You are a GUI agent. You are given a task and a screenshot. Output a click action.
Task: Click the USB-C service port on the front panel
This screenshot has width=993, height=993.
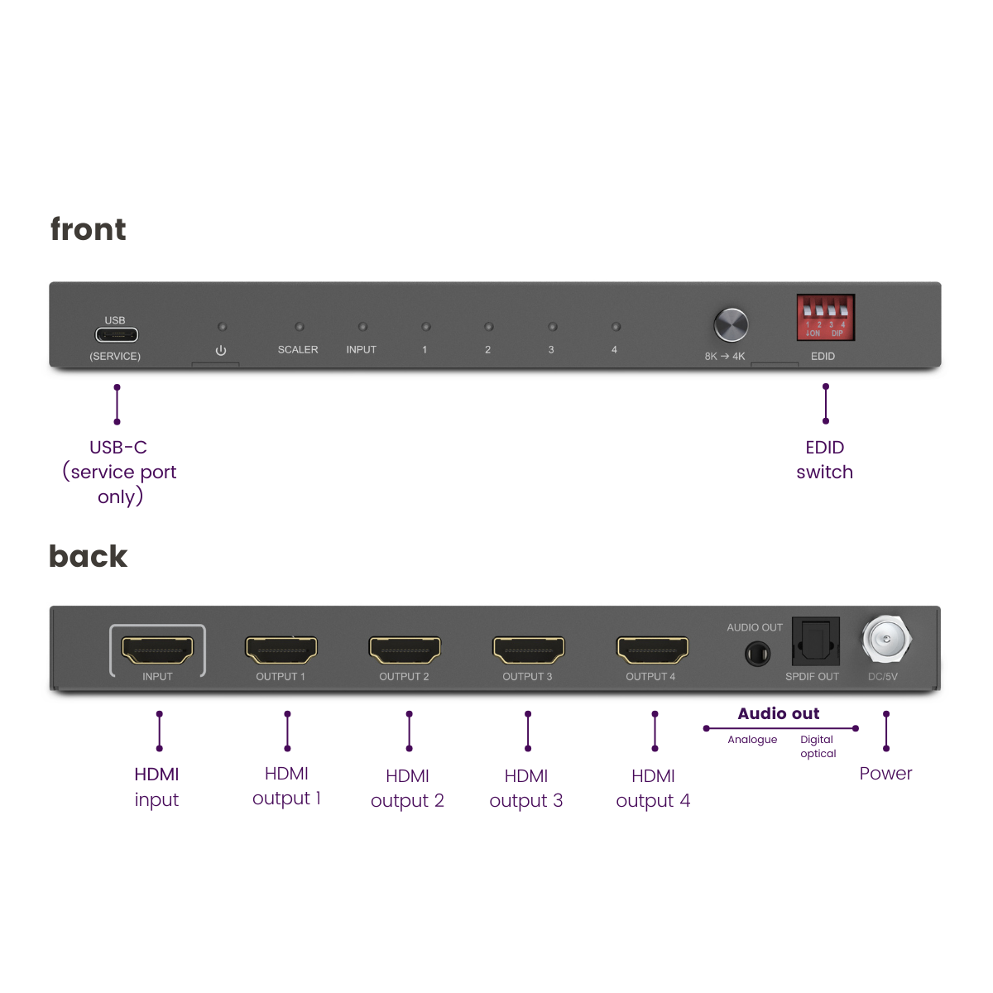117,335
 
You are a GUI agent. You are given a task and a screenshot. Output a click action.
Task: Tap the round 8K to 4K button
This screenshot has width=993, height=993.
731,324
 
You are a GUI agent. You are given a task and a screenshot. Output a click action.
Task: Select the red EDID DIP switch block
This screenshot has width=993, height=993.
825,318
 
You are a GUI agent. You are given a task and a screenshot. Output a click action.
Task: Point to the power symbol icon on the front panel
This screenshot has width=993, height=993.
221,351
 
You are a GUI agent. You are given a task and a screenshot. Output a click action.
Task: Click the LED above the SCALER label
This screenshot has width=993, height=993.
300,327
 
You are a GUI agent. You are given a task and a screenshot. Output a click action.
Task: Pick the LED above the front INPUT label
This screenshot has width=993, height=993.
362,327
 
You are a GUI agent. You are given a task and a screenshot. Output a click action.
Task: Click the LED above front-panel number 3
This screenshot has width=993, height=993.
552,327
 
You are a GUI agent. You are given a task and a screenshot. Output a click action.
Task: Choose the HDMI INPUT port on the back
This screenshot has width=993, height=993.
157,650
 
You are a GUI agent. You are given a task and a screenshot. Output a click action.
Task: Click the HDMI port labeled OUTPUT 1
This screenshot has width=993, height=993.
281,650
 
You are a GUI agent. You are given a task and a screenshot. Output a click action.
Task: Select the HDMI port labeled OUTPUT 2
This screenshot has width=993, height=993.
405,650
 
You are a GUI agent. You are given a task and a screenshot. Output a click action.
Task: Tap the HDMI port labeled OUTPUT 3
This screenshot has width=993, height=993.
529,650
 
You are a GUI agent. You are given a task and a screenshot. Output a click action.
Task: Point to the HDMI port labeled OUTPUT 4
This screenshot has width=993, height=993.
652,650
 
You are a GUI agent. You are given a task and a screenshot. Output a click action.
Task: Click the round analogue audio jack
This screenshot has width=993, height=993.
757,655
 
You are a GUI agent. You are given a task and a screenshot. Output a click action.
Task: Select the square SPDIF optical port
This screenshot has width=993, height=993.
816,640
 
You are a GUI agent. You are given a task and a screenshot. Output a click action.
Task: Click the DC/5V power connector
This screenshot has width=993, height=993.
886,640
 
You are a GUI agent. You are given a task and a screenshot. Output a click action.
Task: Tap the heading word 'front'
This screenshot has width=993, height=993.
89,229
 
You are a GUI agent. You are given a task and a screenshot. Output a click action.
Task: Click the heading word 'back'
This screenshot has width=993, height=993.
89,556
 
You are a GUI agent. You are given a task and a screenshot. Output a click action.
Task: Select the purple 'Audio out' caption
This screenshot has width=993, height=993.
779,713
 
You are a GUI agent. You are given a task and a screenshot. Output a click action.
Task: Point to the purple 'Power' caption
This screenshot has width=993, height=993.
885,774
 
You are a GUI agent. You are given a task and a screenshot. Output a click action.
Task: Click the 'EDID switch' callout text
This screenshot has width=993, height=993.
825,459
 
